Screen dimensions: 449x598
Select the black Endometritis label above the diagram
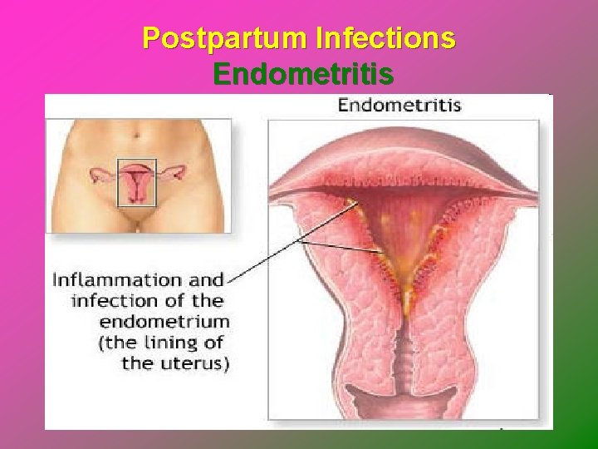pos(399,106)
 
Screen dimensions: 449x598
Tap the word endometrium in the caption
pos(164,322)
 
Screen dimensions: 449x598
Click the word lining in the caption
pos(173,342)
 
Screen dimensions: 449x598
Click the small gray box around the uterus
pos(136,180)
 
